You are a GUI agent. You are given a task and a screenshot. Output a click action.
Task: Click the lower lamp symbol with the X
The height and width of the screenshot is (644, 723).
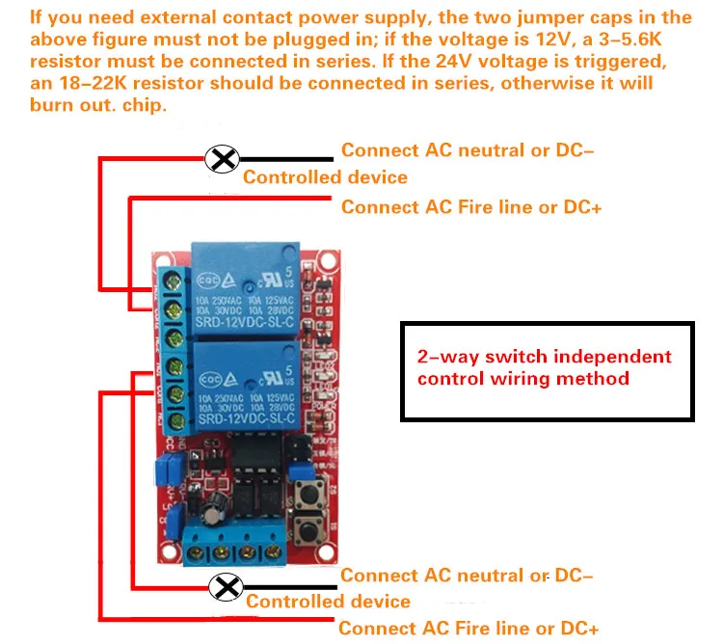click(x=228, y=586)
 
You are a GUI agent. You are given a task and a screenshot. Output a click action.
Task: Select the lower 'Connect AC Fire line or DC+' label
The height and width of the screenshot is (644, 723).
click(x=469, y=628)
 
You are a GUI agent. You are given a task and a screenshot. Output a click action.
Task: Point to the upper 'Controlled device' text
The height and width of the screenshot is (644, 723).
click(x=325, y=177)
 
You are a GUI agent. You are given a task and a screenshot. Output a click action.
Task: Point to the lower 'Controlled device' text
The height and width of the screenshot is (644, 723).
click(x=328, y=602)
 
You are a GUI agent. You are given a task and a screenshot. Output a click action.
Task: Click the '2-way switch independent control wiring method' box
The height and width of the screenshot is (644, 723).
click(x=548, y=369)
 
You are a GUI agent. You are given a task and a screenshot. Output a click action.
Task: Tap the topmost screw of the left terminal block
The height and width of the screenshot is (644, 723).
click(x=175, y=281)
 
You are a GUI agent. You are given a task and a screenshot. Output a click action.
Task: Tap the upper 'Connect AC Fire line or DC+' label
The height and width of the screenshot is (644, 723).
click(x=471, y=207)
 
